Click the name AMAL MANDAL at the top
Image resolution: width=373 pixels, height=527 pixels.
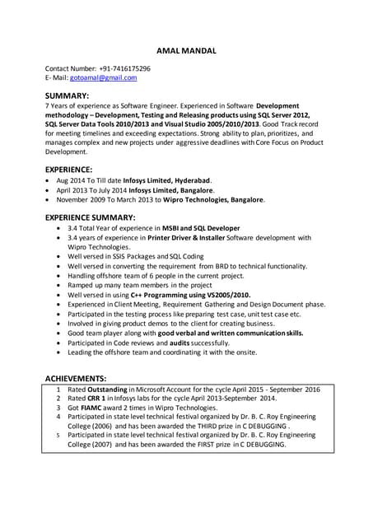click(186, 49)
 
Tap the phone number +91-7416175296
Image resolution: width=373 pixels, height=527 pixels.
click(123, 68)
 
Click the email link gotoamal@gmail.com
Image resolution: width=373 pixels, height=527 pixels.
click(103, 77)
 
